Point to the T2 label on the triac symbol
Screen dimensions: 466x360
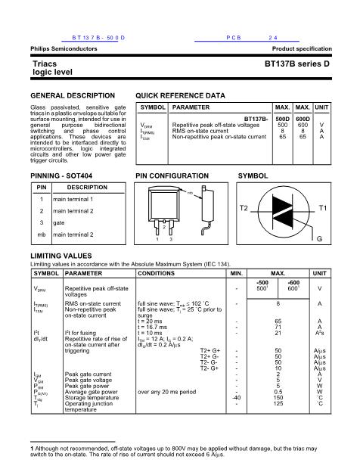[x=244, y=207]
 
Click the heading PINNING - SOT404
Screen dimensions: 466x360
[x=66, y=175]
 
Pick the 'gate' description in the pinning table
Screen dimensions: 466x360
[x=58, y=223]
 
